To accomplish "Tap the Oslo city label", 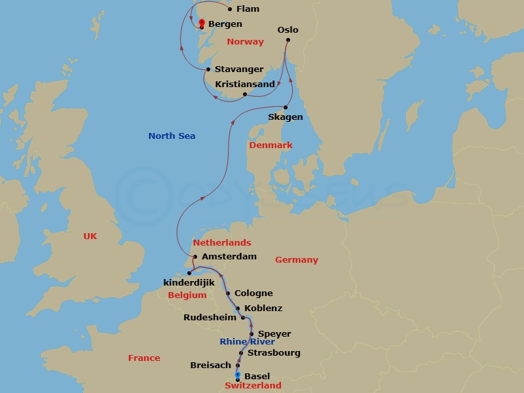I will click(x=288, y=30).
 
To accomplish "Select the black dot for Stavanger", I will click(x=208, y=69).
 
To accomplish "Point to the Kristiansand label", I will click(x=245, y=84).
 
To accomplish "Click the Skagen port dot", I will click(x=286, y=107).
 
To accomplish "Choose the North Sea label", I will click(x=172, y=136).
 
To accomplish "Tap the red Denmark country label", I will click(x=271, y=145).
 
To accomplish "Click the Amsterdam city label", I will click(x=229, y=257).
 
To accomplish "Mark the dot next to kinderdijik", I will click(x=189, y=273).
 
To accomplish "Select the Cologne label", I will click(x=253, y=293).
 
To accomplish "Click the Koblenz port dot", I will click(x=238, y=309).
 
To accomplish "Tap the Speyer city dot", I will click(x=252, y=334).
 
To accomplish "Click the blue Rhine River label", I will click(x=247, y=342).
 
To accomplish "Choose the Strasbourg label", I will click(x=274, y=353).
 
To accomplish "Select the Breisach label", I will click(x=210, y=365).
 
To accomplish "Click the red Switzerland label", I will click(x=253, y=386).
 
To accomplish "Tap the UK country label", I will click(x=90, y=236).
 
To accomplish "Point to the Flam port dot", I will click(x=229, y=9).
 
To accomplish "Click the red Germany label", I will click(x=297, y=260).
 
